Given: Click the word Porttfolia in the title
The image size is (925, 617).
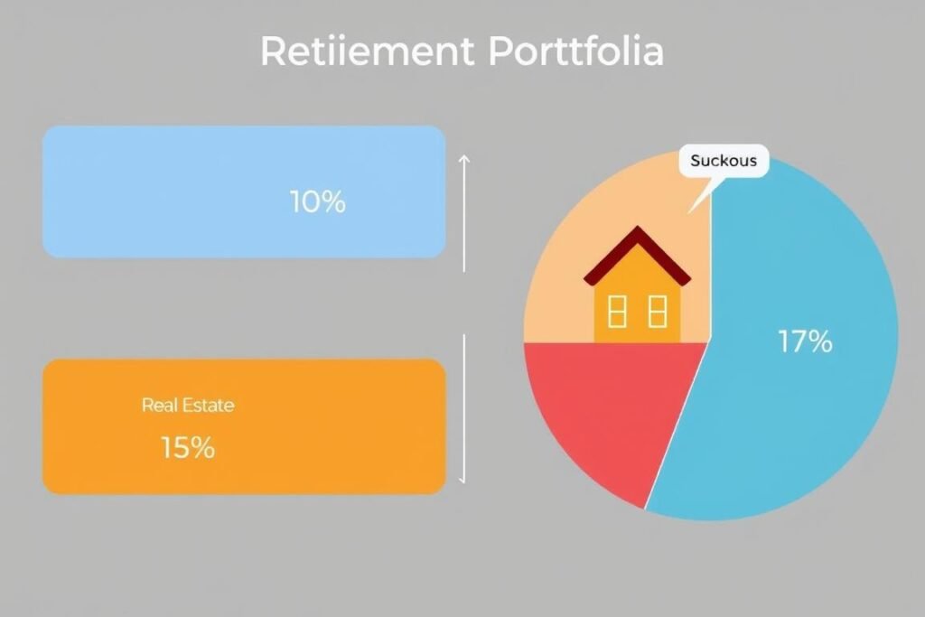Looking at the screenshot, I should tap(575, 52).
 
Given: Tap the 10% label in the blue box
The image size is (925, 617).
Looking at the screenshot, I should tap(317, 202).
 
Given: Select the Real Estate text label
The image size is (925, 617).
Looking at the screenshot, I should tap(188, 406).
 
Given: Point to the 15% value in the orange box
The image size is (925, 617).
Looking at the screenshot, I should tap(187, 447).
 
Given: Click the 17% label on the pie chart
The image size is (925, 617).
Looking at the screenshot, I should tap(804, 341).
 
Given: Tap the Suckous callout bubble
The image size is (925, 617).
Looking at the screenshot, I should tap(723, 163).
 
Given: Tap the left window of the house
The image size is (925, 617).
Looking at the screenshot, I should tap(618, 312).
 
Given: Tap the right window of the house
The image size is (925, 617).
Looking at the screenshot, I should tap(657, 312).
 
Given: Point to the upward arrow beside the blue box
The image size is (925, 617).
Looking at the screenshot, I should tap(464, 212).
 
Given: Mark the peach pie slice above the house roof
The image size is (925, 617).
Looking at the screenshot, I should tap(623, 194).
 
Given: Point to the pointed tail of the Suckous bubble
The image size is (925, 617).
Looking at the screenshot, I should tap(694, 206).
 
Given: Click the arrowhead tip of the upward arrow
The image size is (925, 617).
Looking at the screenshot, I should tap(464, 155).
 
